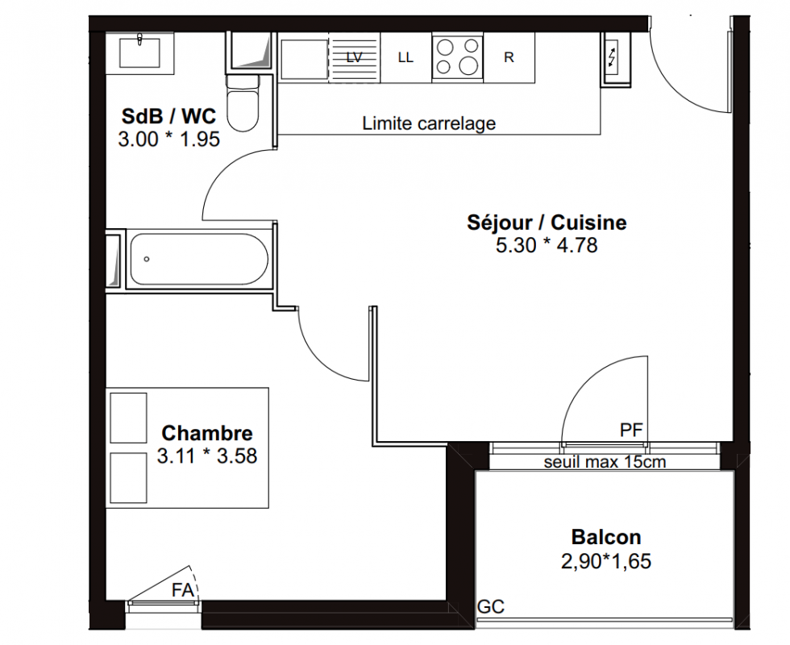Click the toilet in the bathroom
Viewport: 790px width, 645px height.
(x=243, y=103)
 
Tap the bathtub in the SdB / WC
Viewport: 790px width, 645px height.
(x=199, y=260)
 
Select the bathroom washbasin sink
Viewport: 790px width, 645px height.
(x=139, y=53)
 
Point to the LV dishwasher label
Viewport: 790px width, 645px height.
(x=354, y=57)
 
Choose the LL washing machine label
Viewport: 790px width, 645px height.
(x=405, y=57)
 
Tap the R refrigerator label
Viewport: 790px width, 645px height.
(x=509, y=57)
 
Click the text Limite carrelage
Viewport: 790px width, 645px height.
(x=429, y=123)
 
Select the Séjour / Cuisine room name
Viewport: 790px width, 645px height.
(x=547, y=223)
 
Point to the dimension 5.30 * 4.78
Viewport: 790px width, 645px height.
(x=547, y=245)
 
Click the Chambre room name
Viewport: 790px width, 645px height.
(x=207, y=433)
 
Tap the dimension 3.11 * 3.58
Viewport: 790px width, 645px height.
(x=207, y=456)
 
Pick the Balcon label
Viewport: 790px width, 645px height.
(x=606, y=537)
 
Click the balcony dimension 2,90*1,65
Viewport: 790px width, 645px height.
(x=606, y=561)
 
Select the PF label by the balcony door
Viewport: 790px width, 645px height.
(x=631, y=430)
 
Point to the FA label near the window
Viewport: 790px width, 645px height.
(x=182, y=590)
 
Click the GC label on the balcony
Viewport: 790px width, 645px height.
(x=491, y=606)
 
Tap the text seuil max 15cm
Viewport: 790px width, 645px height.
(x=605, y=461)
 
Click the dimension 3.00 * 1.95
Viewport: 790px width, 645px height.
(x=168, y=139)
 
